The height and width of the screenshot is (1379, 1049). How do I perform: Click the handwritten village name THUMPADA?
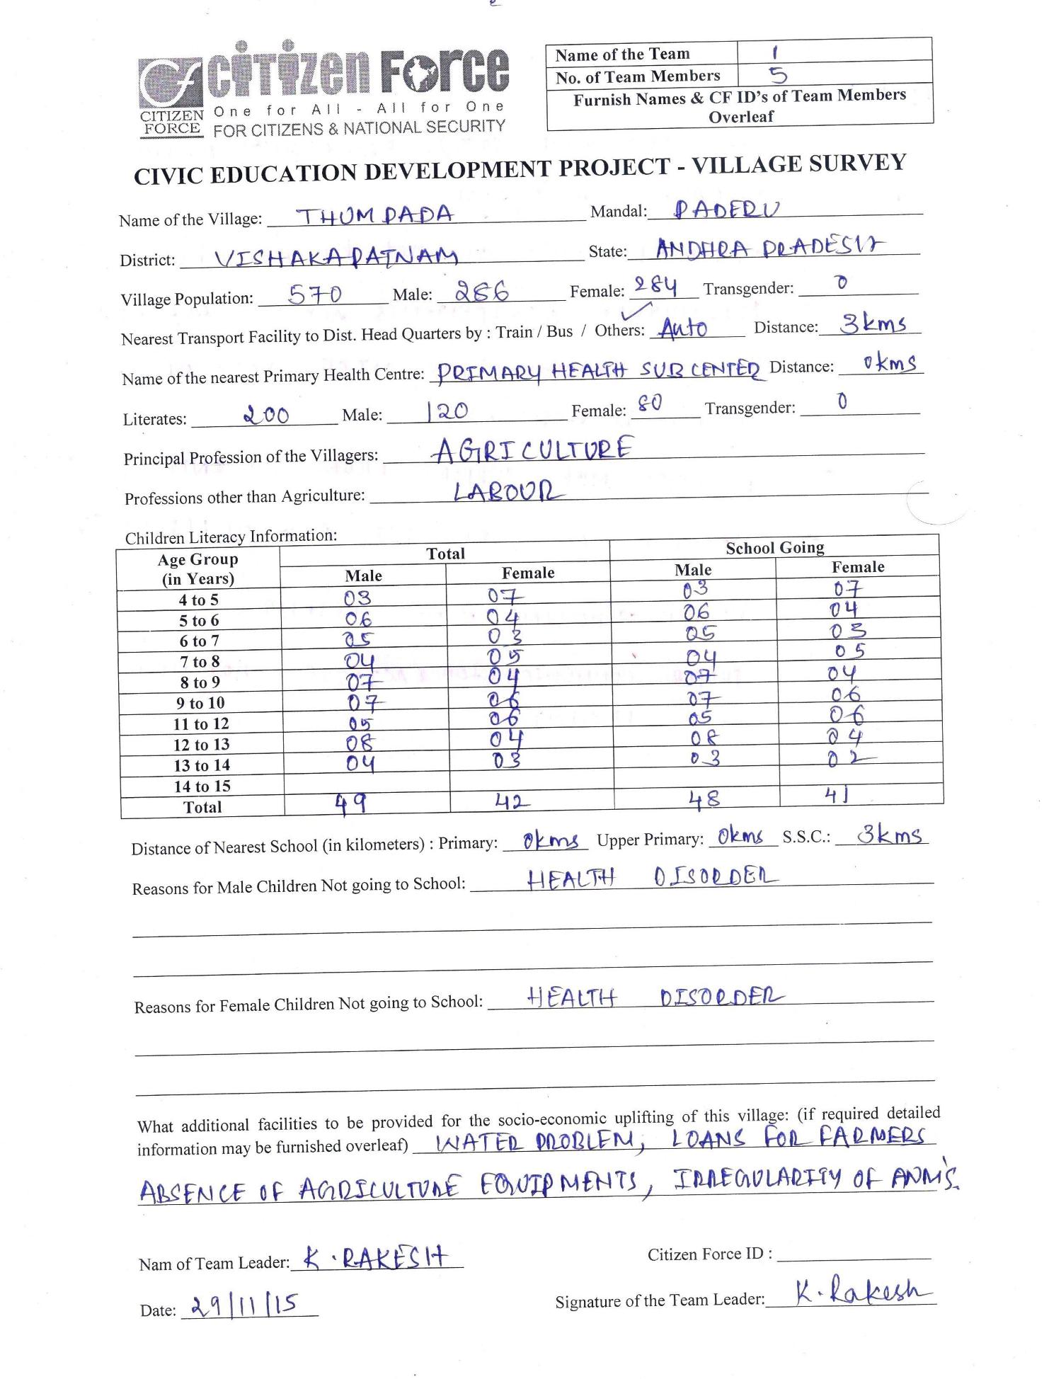pyautogui.click(x=375, y=215)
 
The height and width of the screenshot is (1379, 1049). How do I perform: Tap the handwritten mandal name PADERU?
pyautogui.click(x=726, y=209)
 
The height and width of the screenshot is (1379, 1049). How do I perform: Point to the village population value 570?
pyautogui.click(x=315, y=294)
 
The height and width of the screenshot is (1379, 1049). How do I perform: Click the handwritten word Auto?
pyautogui.click(x=683, y=328)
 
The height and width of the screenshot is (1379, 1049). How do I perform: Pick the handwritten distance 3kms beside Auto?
pyautogui.click(x=873, y=324)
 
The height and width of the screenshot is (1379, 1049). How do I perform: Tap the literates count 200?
pyautogui.click(x=265, y=414)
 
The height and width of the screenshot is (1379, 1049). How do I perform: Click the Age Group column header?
pyautogui.click(x=198, y=569)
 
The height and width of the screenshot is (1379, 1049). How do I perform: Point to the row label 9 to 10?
pyautogui.click(x=201, y=703)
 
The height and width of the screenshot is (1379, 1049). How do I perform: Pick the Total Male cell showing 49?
pyautogui.click(x=350, y=803)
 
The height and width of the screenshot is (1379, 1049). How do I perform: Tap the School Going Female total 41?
pyautogui.click(x=836, y=796)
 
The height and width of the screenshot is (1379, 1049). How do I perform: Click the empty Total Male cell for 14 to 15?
pyautogui.click(x=367, y=784)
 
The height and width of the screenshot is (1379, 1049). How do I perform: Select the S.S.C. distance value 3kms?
pyautogui.click(x=889, y=835)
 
